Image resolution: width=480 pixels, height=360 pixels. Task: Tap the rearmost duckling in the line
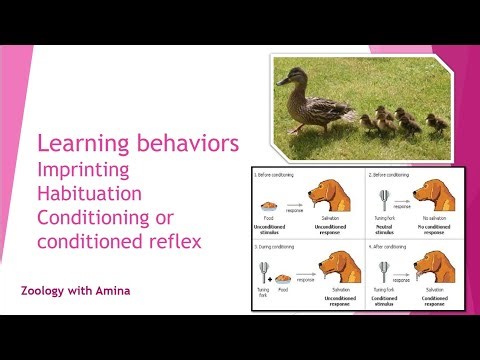coord(435,123)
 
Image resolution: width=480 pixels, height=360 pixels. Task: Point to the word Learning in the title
coord(80,144)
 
